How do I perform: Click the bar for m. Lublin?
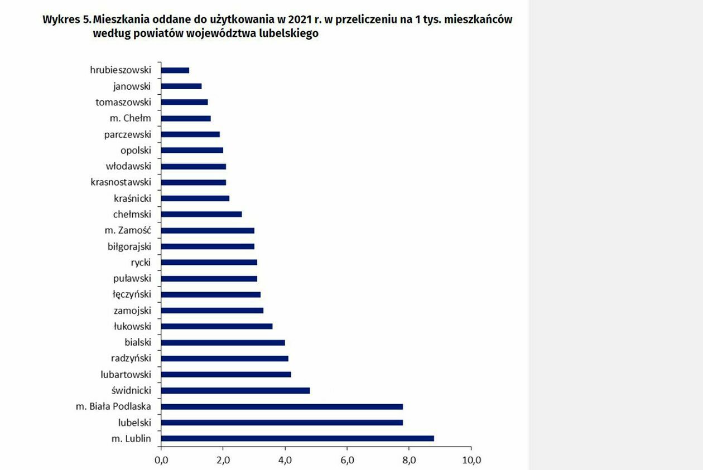[x=297, y=438]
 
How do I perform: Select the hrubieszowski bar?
[x=175, y=70]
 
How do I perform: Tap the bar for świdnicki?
[x=235, y=390]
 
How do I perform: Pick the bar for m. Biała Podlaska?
[x=282, y=406]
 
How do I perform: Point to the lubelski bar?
[x=282, y=423]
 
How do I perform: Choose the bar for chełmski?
[x=201, y=214]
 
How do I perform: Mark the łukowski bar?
[x=216, y=326]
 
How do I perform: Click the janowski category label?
[x=132, y=86]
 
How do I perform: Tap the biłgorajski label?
[x=129, y=246]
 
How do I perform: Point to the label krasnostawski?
[x=121, y=182]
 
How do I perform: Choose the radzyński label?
[x=131, y=358]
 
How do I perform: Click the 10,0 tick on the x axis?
[x=471, y=461]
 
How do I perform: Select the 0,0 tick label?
[x=161, y=461]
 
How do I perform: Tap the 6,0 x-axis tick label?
[x=347, y=461]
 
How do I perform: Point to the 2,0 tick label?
[x=223, y=461]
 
